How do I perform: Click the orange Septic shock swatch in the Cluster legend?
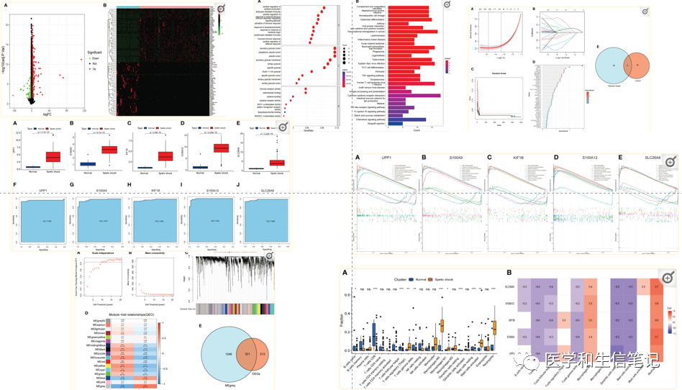point(429,278)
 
